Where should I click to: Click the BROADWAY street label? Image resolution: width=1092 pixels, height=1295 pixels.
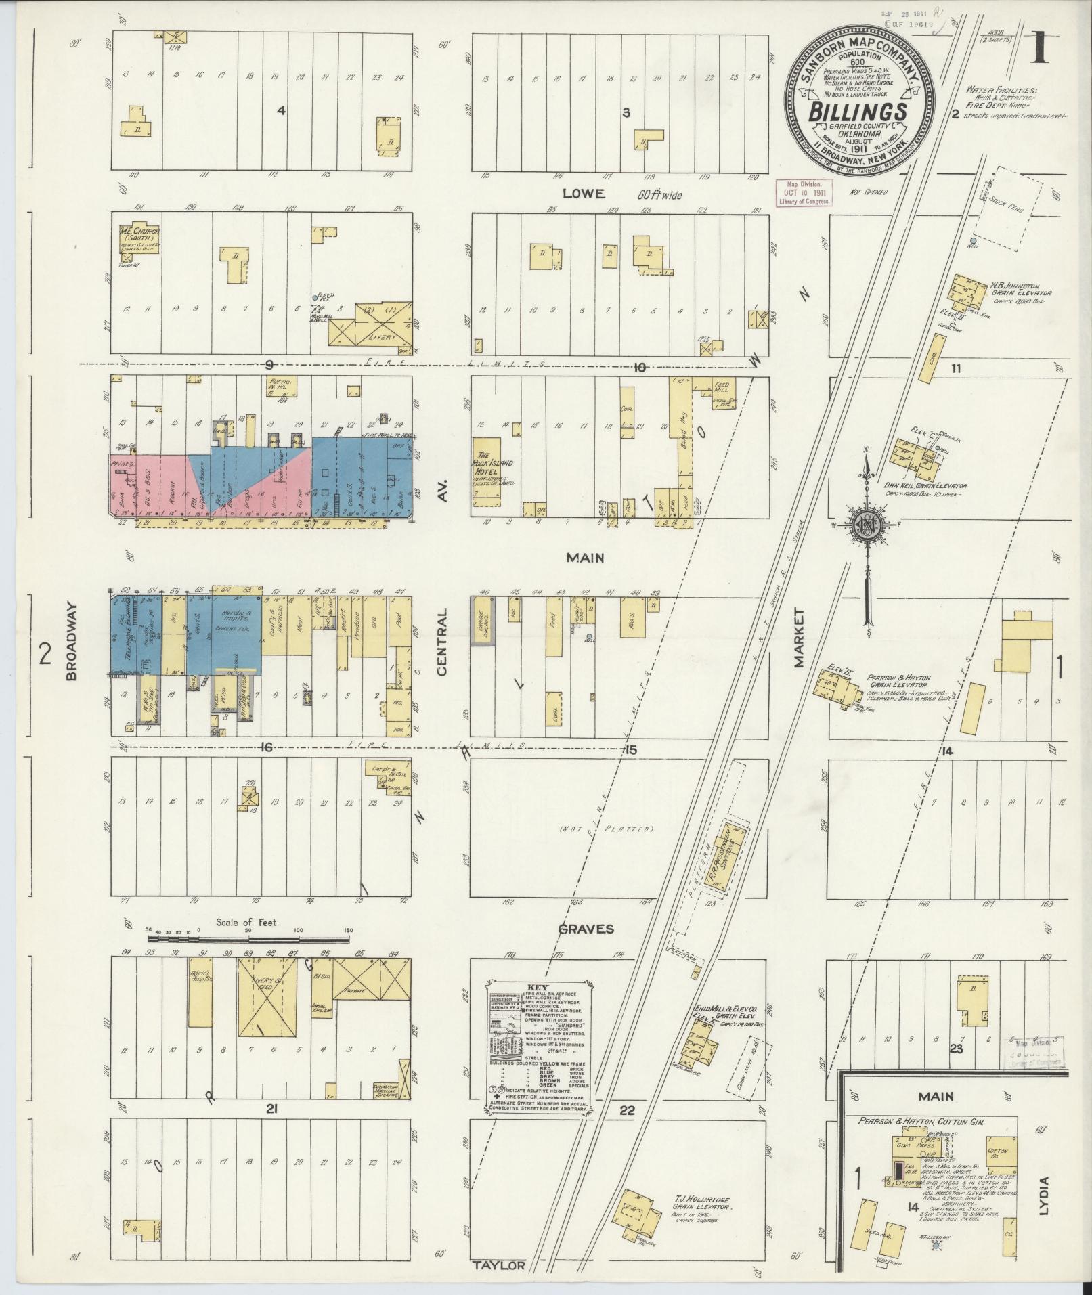coord(74,642)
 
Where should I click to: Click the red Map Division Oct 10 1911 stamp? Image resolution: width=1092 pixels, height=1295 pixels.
coord(804,194)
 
